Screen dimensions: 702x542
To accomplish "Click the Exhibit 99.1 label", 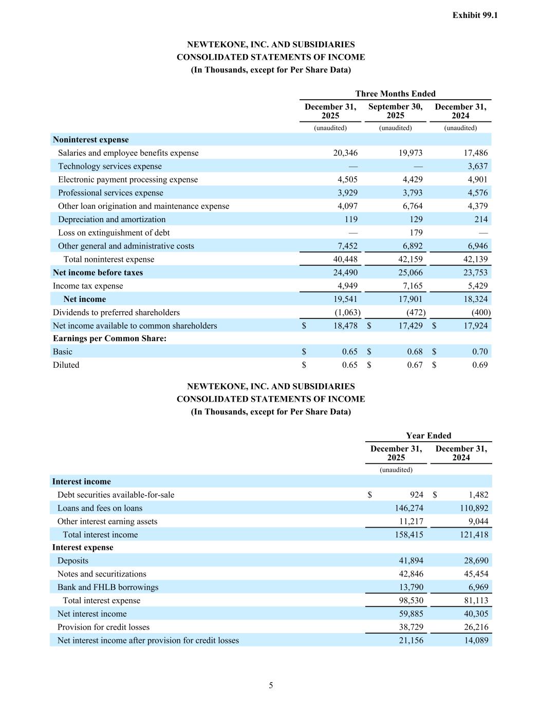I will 475,15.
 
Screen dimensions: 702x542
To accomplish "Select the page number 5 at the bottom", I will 271,685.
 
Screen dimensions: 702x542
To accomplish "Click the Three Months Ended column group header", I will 395,94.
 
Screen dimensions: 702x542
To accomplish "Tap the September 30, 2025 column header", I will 395,111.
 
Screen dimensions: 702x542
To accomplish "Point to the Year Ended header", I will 428,436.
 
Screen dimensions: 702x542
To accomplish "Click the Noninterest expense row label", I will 91,140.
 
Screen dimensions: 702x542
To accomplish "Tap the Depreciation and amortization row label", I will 111,219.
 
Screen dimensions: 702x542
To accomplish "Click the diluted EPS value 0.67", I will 415,365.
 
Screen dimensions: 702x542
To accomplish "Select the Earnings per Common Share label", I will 109,338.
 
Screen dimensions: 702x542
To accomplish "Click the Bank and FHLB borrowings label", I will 108,587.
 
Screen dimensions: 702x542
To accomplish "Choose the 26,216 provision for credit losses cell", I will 476,627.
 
